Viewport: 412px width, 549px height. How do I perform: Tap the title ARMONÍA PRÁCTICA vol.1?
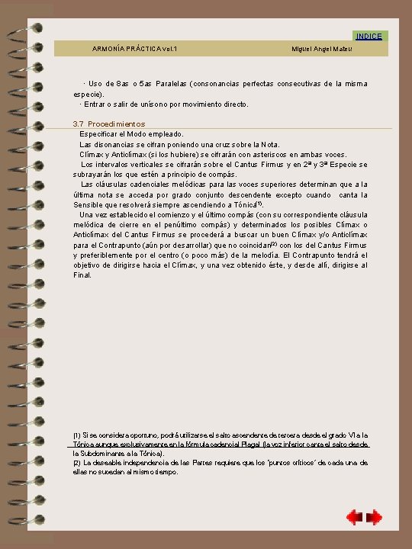(135, 49)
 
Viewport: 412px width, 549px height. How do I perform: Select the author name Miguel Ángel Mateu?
(325, 49)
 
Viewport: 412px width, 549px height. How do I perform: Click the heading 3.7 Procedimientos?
(109, 124)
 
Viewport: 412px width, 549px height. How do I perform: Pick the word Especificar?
(102, 133)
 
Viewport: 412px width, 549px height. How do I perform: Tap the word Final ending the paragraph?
(82, 275)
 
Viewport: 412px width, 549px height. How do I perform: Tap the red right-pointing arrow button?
(375, 518)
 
